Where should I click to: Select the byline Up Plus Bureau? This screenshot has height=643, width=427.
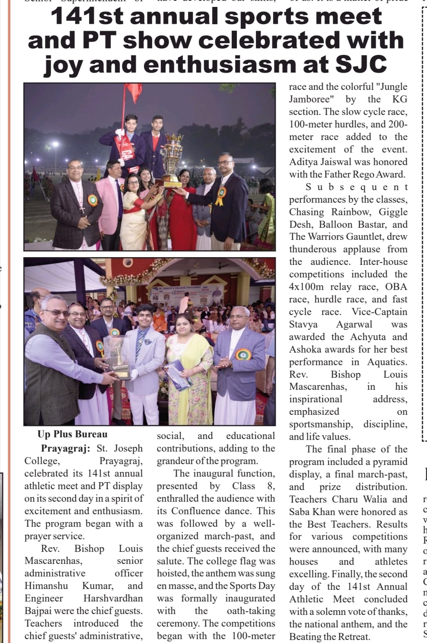73,434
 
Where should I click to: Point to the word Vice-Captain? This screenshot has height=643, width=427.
379,312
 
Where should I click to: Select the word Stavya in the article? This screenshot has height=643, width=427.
303,324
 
